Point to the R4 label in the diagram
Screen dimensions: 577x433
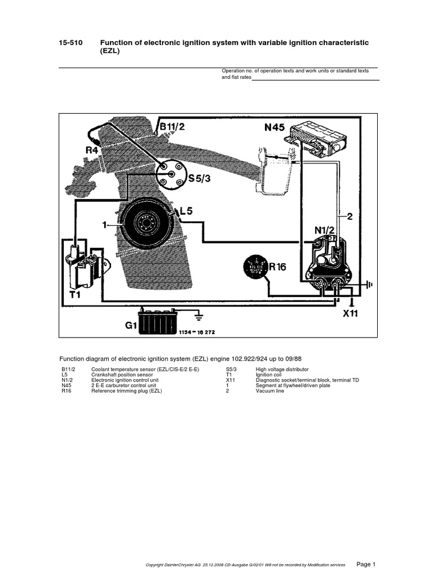[92, 150]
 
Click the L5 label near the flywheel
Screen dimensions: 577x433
[185, 211]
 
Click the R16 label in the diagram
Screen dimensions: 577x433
[277, 267]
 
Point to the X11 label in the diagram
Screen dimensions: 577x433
[350, 314]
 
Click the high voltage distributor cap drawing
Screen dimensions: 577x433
[170, 171]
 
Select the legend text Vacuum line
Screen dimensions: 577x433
[270, 390]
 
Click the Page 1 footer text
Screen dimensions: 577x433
[366, 564]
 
